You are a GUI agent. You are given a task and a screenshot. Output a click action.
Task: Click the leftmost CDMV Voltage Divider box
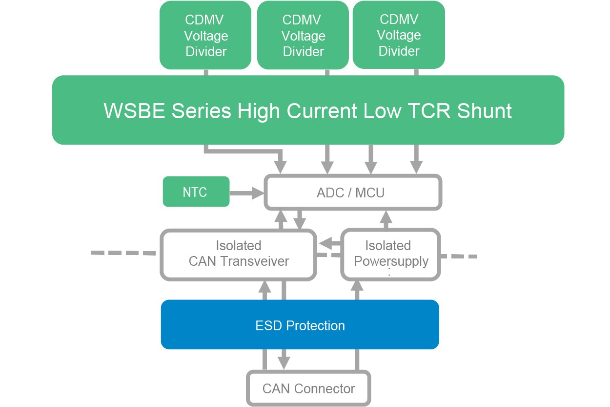205,35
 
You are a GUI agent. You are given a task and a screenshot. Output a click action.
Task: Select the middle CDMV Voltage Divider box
303,35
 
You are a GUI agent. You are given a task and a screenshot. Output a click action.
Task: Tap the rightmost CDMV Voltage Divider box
399,35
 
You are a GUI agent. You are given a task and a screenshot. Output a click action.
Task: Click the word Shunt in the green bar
484,111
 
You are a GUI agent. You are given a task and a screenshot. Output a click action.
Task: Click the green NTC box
196,192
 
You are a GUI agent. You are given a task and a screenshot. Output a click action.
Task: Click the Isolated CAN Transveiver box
238,254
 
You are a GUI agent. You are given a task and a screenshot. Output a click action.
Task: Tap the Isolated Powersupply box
390,254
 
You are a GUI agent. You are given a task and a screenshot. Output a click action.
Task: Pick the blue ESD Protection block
300,325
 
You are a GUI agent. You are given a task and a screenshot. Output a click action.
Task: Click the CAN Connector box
308,389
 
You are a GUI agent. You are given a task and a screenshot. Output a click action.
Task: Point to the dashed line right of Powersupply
459,256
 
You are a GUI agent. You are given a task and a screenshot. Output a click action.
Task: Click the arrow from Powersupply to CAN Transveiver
330,243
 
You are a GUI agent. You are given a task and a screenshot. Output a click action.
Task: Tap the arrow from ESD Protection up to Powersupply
357,290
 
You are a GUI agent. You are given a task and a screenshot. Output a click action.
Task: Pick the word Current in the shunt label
322,111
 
